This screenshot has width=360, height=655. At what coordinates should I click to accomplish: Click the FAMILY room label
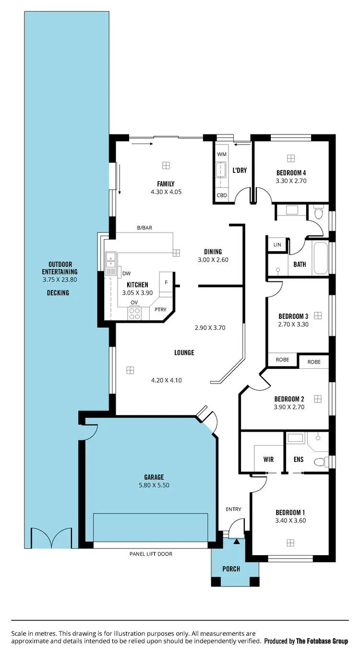coord(166,183)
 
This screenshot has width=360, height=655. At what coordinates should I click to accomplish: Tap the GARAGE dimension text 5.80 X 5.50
coord(154,485)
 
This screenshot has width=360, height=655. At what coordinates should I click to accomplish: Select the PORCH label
coord(231,569)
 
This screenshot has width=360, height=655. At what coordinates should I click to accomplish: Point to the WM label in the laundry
coord(221,154)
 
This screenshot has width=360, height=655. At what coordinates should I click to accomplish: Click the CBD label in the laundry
coord(221,195)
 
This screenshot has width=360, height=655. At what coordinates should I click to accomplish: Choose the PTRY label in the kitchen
coord(160,310)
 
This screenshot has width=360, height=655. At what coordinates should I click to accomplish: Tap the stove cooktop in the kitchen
coord(134,313)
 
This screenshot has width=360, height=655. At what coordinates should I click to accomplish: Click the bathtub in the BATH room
coord(320,258)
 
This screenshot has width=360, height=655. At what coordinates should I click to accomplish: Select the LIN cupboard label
coord(277,245)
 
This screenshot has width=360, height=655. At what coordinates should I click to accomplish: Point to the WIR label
coord(268,460)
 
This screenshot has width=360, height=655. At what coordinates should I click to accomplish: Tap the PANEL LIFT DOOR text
coord(151,554)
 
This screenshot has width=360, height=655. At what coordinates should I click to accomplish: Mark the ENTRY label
coord(233,509)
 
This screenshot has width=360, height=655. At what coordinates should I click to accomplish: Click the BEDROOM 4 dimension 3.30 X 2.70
coord(291,181)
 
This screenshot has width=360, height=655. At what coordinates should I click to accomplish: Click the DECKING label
coord(58,292)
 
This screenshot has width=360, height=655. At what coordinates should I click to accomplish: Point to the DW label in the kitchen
coord(126,273)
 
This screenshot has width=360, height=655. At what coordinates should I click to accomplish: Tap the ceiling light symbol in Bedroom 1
coord(290,543)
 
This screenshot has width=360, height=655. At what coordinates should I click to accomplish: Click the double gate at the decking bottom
coord(50,538)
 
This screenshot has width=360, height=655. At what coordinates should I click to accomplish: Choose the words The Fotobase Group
coord(322,641)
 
